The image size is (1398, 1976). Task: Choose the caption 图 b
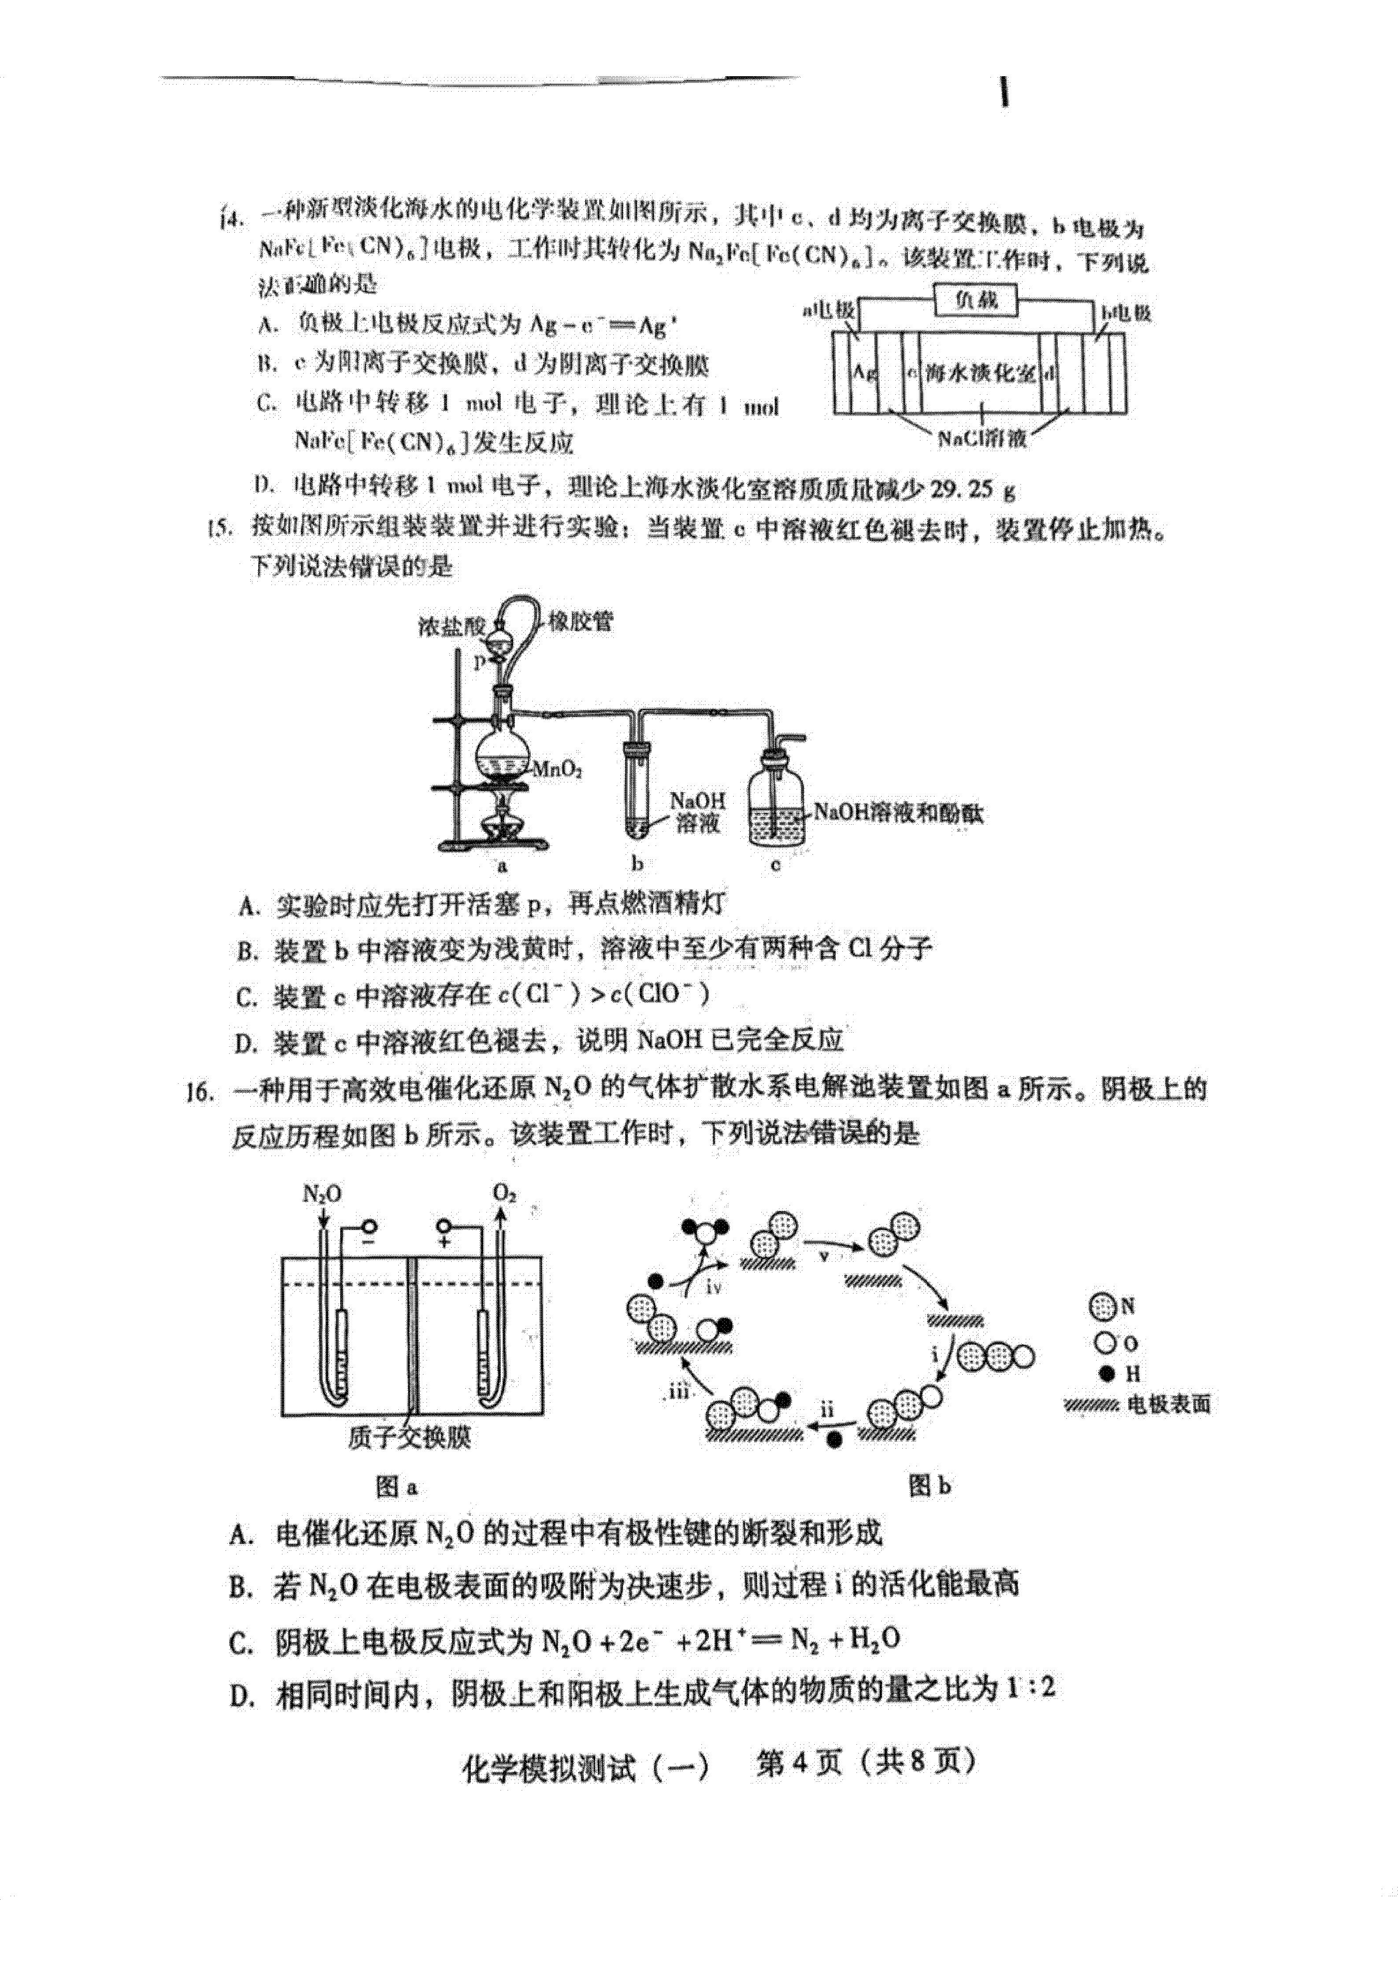[x=930, y=1486]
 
